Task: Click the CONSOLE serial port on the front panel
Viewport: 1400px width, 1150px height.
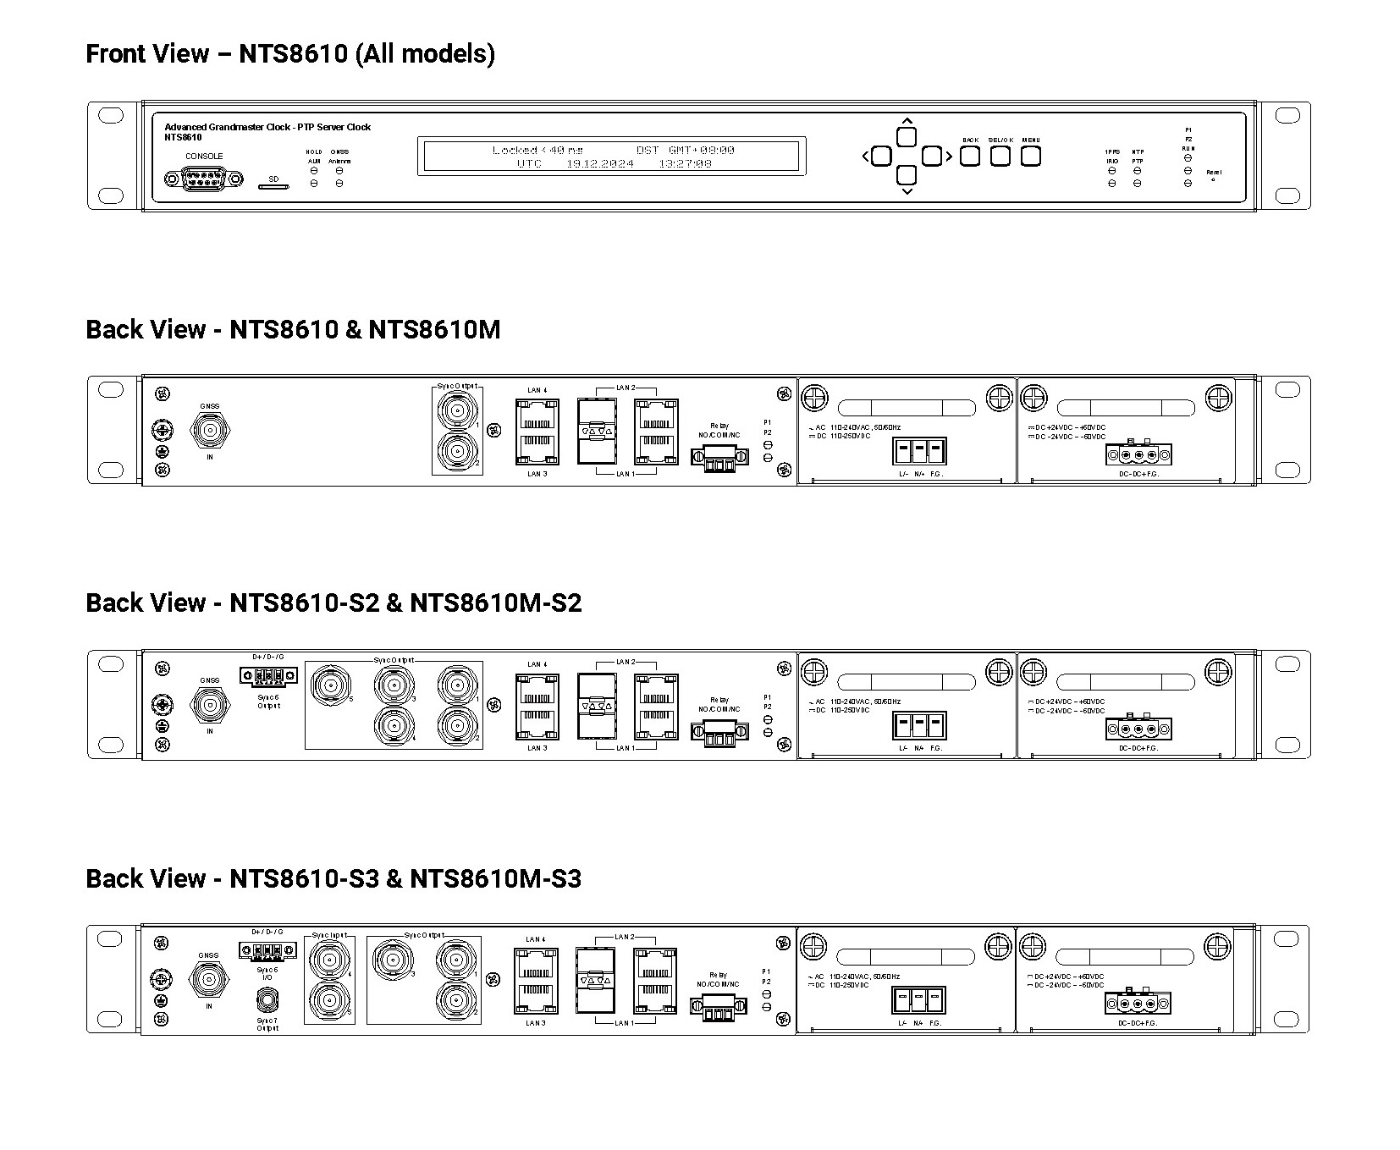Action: pos(203,179)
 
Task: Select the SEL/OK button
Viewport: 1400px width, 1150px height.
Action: pos(1000,157)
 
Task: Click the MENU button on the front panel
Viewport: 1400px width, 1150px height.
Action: pos(1030,157)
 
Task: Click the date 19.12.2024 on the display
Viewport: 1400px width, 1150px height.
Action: pos(599,164)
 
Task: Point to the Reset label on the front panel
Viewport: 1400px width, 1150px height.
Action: pos(1213,173)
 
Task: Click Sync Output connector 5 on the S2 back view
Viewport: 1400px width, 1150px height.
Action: pos(329,685)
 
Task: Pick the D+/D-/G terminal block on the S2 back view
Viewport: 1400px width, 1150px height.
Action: pos(267,675)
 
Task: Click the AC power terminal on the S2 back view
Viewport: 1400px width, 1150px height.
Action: pos(918,726)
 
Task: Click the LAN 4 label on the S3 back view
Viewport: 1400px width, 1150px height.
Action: pos(536,939)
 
